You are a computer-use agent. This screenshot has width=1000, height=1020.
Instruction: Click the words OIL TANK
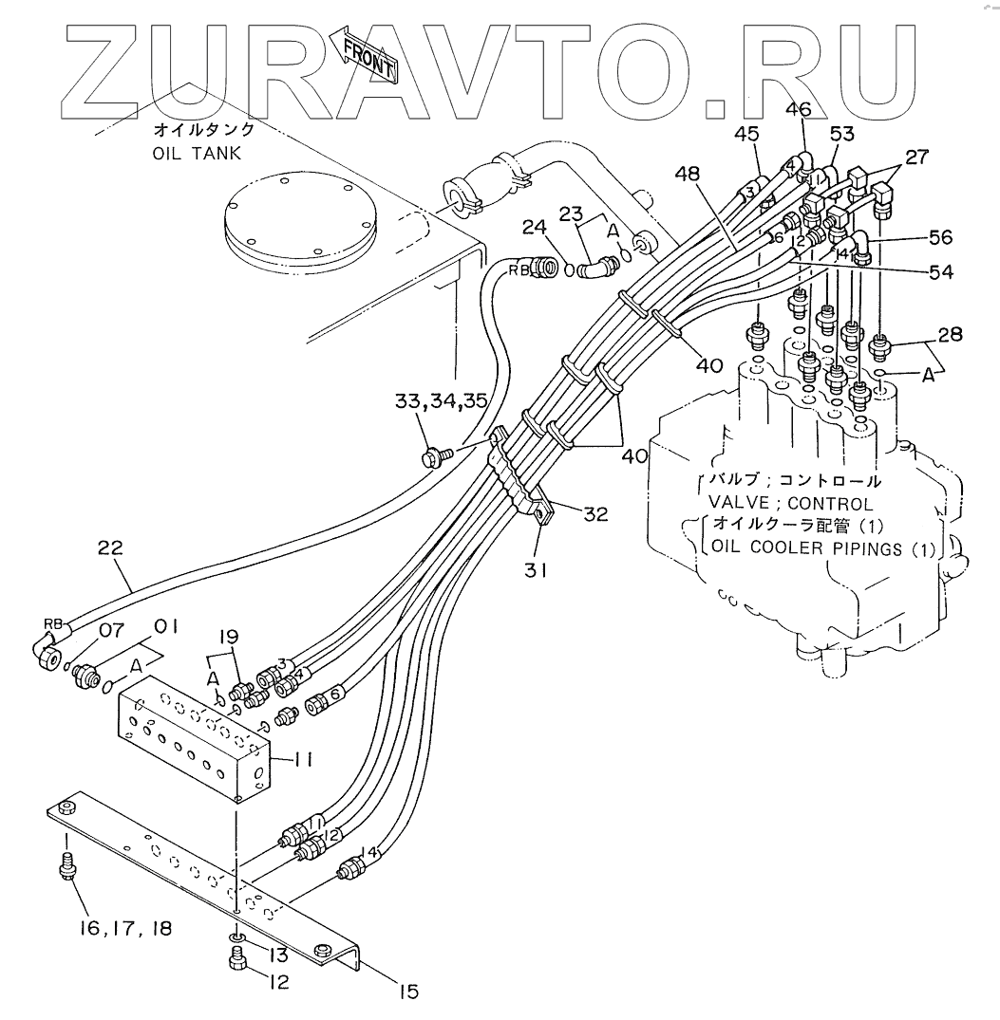click(198, 153)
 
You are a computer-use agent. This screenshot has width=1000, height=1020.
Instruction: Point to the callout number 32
click(595, 514)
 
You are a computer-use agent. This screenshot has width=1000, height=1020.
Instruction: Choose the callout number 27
click(918, 158)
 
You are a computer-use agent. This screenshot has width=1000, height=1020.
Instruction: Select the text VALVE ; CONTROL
click(790, 504)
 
